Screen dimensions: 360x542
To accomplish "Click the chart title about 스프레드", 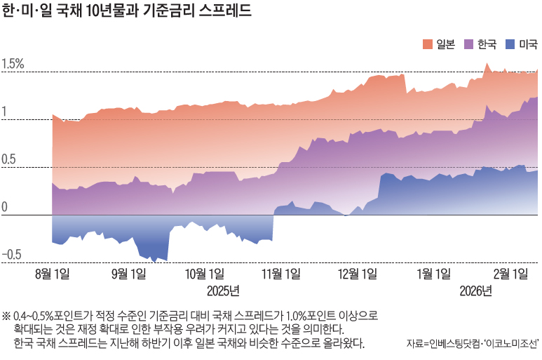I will pos(126,13).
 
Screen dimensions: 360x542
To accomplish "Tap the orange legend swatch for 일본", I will pos(428,45).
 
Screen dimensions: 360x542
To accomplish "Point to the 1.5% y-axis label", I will pos(13,64).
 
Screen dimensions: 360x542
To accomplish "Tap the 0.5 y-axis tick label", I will pos(10,160).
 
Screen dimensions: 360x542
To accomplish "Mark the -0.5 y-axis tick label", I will pos(11,255).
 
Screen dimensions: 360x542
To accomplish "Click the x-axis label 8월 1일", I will pos(52,274).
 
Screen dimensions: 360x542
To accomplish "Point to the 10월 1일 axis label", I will pos(205,274).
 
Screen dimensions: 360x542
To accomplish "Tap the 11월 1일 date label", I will pos(281,274).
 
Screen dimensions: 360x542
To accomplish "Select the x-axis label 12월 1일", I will pos(357,274).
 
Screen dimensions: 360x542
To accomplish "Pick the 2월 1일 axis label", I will pos(510,274).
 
